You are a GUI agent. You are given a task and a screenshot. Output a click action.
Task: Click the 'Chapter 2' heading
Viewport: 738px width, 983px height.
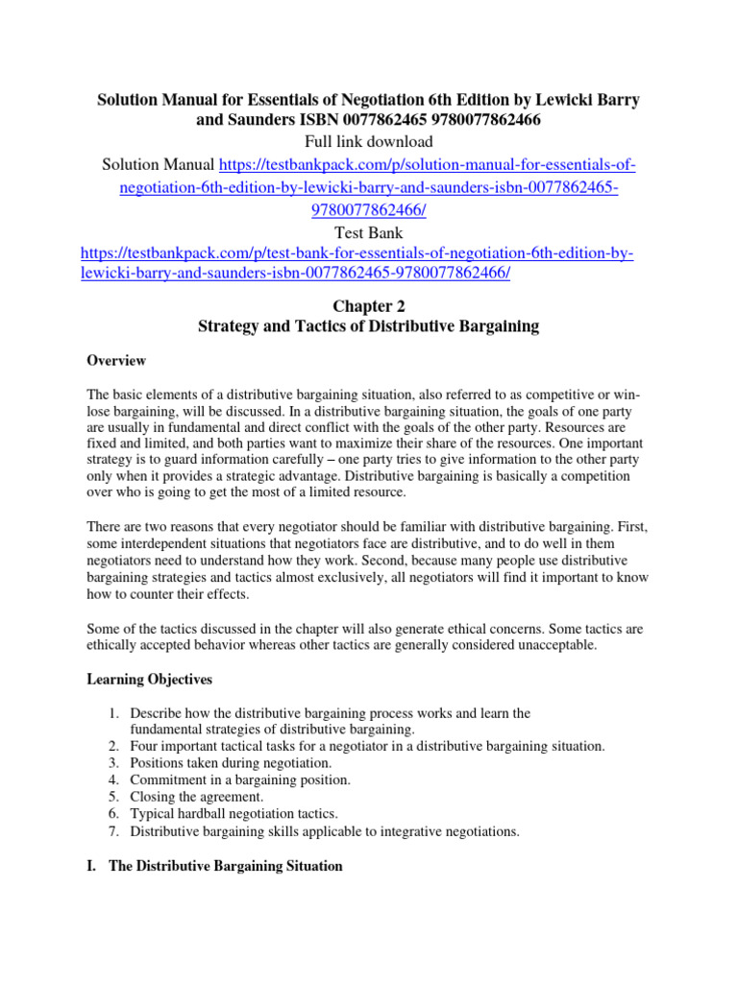(x=369, y=305)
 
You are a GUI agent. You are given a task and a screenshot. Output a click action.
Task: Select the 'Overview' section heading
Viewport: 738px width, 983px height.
(x=116, y=361)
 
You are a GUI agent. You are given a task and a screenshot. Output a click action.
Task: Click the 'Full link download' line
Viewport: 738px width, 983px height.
(x=368, y=142)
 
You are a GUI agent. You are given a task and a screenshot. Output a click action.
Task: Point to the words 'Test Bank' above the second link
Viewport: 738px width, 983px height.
(x=368, y=232)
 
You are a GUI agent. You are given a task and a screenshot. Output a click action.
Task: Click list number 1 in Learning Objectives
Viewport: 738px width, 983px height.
(x=112, y=714)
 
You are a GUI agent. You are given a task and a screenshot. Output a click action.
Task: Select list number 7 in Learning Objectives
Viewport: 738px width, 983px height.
(x=112, y=832)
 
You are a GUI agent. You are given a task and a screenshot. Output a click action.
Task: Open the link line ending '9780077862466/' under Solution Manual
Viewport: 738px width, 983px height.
(x=368, y=209)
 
